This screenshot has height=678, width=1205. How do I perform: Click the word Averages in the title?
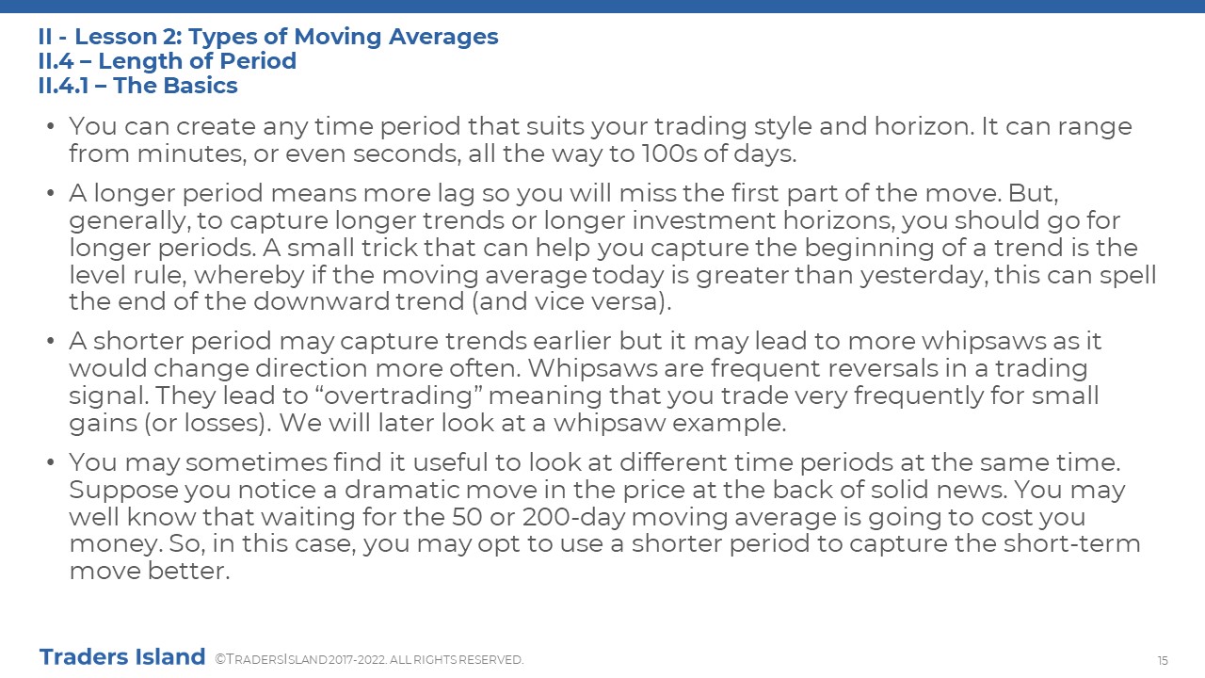(443, 37)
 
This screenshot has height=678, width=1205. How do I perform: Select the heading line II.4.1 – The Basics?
(137, 86)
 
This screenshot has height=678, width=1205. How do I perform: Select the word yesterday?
(924, 276)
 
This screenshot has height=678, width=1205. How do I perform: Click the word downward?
(321, 301)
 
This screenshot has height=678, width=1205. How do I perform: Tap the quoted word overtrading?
(398, 396)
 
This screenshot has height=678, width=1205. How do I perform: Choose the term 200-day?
(573, 517)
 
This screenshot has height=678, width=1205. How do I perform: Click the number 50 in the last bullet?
(467, 517)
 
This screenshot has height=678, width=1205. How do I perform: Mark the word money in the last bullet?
(115, 544)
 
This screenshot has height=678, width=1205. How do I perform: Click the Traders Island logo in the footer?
(122, 657)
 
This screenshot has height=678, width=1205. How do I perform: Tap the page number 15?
(1163, 661)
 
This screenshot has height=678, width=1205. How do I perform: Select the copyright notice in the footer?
(369, 660)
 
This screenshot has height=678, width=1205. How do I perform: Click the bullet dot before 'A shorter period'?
(51, 341)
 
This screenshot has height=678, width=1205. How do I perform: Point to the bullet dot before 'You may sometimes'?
(51, 462)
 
